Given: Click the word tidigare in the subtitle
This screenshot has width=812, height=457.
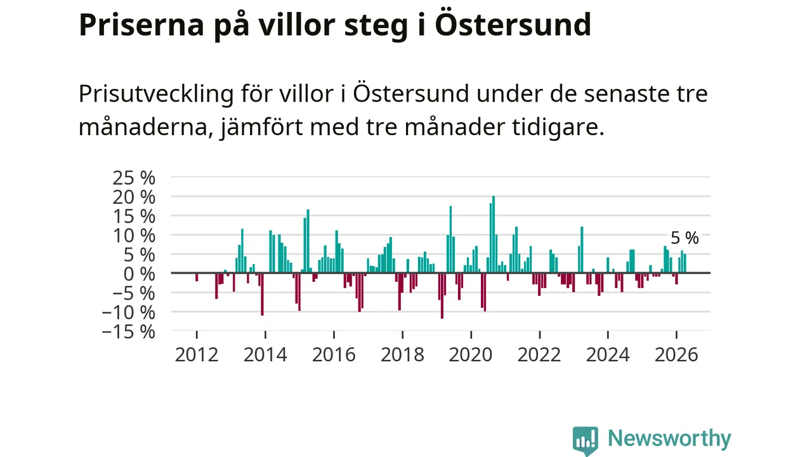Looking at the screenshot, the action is pyautogui.click(x=558, y=128).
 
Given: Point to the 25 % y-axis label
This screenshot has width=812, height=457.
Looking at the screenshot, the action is pyautogui.click(x=134, y=178).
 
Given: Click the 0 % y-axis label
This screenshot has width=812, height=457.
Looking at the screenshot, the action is pyautogui.click(x=139, y=274).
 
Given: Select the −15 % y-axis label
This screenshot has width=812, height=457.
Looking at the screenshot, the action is pyautogui.click(x=129, y=332).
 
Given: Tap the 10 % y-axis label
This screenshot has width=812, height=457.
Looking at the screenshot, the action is pyautogui.click(x=134, y=235).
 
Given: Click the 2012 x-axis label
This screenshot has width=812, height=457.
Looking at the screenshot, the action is pyautogui.click(x=197, y=355).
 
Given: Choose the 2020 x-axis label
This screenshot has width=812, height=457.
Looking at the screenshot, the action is pyautogui.click(x=471, y=355).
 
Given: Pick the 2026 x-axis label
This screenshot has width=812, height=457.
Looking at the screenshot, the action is pyautogui.click(x=676, y=355).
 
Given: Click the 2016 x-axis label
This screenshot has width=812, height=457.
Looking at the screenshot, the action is pyautogui.click(x=334, y=355).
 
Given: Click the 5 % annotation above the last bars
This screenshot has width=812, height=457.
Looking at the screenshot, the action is pyautogui.click(x=684, y=238).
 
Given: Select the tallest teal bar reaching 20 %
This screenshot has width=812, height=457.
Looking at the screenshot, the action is pyautogui.click(x=494, y=234).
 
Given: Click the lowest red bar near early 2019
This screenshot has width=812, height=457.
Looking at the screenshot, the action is pyautogui.click(x=442, y=296).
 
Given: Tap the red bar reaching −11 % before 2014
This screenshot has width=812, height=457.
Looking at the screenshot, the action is pyautogui.click(x=262, y=294).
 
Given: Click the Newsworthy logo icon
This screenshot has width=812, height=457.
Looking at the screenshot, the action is pyautogui.click(x=586, y=440).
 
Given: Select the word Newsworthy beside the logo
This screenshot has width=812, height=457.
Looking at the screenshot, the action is pyautogui.click(x=669, y=439).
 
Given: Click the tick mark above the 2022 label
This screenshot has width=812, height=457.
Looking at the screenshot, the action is pyautogui.click(x=539, y=334).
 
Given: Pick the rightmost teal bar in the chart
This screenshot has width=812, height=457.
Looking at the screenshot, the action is pyautogui.click(x=684, y=263).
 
